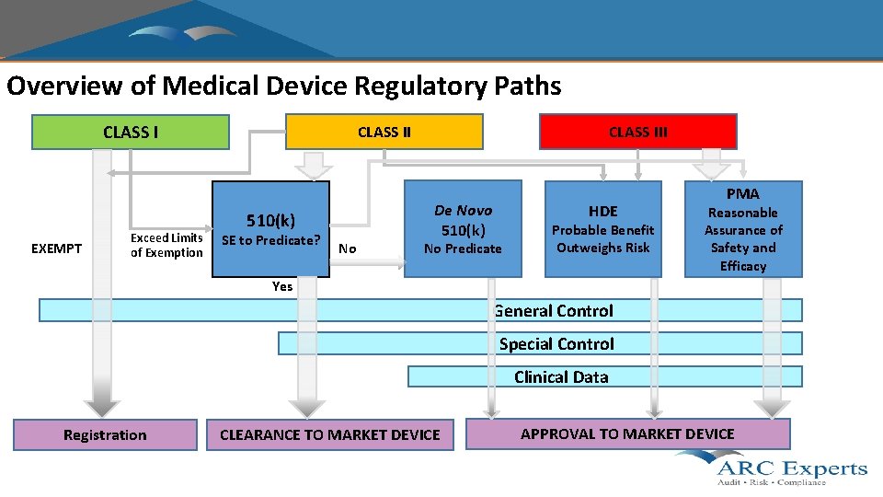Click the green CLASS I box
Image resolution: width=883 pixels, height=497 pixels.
(x=131, y=132)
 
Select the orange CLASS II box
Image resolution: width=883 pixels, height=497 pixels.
(x=384, y=132)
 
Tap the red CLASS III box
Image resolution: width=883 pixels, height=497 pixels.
(x=637, y=132)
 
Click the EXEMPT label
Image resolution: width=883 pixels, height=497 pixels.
(x=56, y=248)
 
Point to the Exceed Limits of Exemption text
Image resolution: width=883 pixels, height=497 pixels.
(x=166, y=245)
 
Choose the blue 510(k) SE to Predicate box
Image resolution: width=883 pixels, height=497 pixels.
(x=270, y=229)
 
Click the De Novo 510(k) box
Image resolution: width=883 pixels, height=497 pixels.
(x=463, y=228)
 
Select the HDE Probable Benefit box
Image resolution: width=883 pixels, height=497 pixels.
(x=603, y=228)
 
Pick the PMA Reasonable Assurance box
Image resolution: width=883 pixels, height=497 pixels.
(x=742, y=229)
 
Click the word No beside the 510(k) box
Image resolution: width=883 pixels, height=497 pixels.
(x=347, y=248)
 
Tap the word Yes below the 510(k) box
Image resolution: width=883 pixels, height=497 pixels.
(x=282, y=286)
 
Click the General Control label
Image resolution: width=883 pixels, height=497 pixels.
(x=554, y=310)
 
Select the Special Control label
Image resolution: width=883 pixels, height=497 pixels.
(x=556, y=343)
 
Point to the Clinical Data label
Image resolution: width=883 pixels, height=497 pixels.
(x=561, y=376)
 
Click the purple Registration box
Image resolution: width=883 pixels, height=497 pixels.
(x=105, y=434)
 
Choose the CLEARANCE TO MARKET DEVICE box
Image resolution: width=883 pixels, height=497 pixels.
(x=329, y=434)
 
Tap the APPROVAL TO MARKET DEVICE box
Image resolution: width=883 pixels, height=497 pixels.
(x=627, y=433)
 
